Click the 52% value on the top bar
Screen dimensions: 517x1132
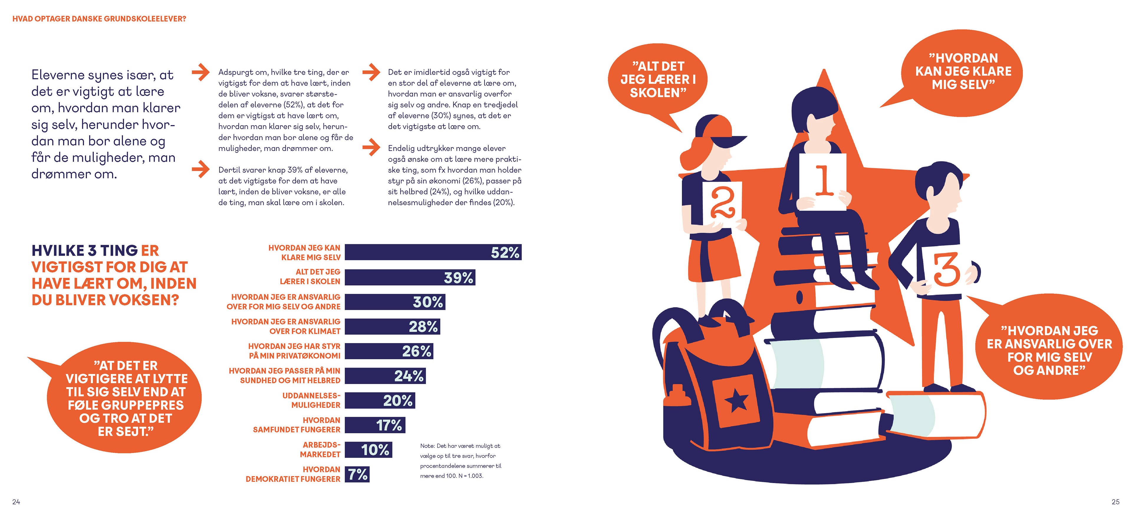505,253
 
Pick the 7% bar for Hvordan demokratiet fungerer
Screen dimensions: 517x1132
357,474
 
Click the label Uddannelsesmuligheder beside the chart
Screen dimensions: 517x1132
311,400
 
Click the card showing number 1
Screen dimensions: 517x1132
822,181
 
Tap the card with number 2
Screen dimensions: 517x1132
722,203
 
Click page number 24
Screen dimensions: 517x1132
16,502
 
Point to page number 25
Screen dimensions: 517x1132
1115,502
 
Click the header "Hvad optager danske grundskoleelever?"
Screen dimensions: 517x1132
99,19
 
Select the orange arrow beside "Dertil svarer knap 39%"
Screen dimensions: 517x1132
201,169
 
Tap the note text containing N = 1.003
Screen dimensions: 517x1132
460,461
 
